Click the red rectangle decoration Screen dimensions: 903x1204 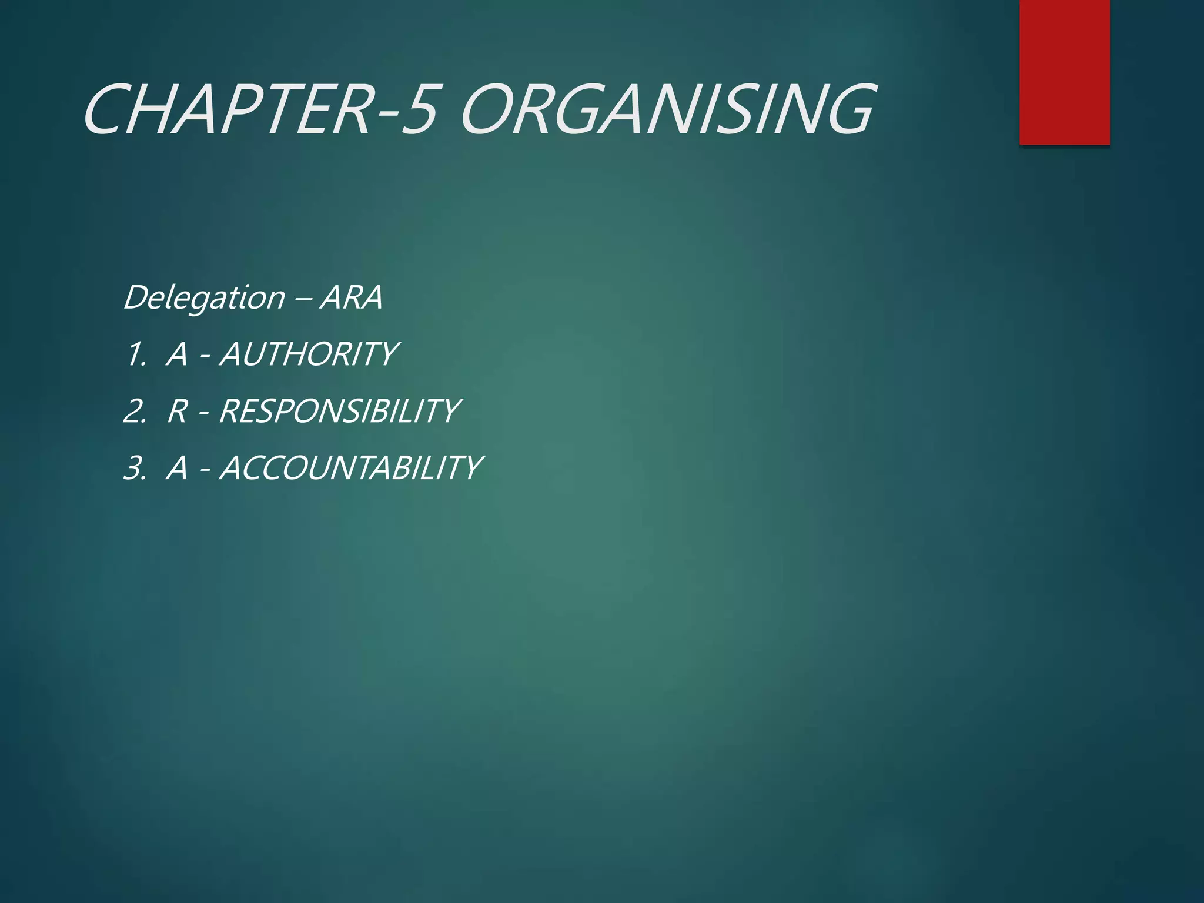click(1064, 72)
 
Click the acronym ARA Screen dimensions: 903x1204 click(352, 297)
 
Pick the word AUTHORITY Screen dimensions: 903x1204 click(309, 354)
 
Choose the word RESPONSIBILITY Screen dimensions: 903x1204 click(339, 410)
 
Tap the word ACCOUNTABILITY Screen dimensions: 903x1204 click(351, 468)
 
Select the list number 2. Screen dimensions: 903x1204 click(135, 411)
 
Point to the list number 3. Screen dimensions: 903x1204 click(135, 469)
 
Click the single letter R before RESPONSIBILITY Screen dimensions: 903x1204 click(177, 411)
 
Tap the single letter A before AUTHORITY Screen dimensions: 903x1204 click(177, 354)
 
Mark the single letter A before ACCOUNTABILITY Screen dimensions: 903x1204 click(177, 469)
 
